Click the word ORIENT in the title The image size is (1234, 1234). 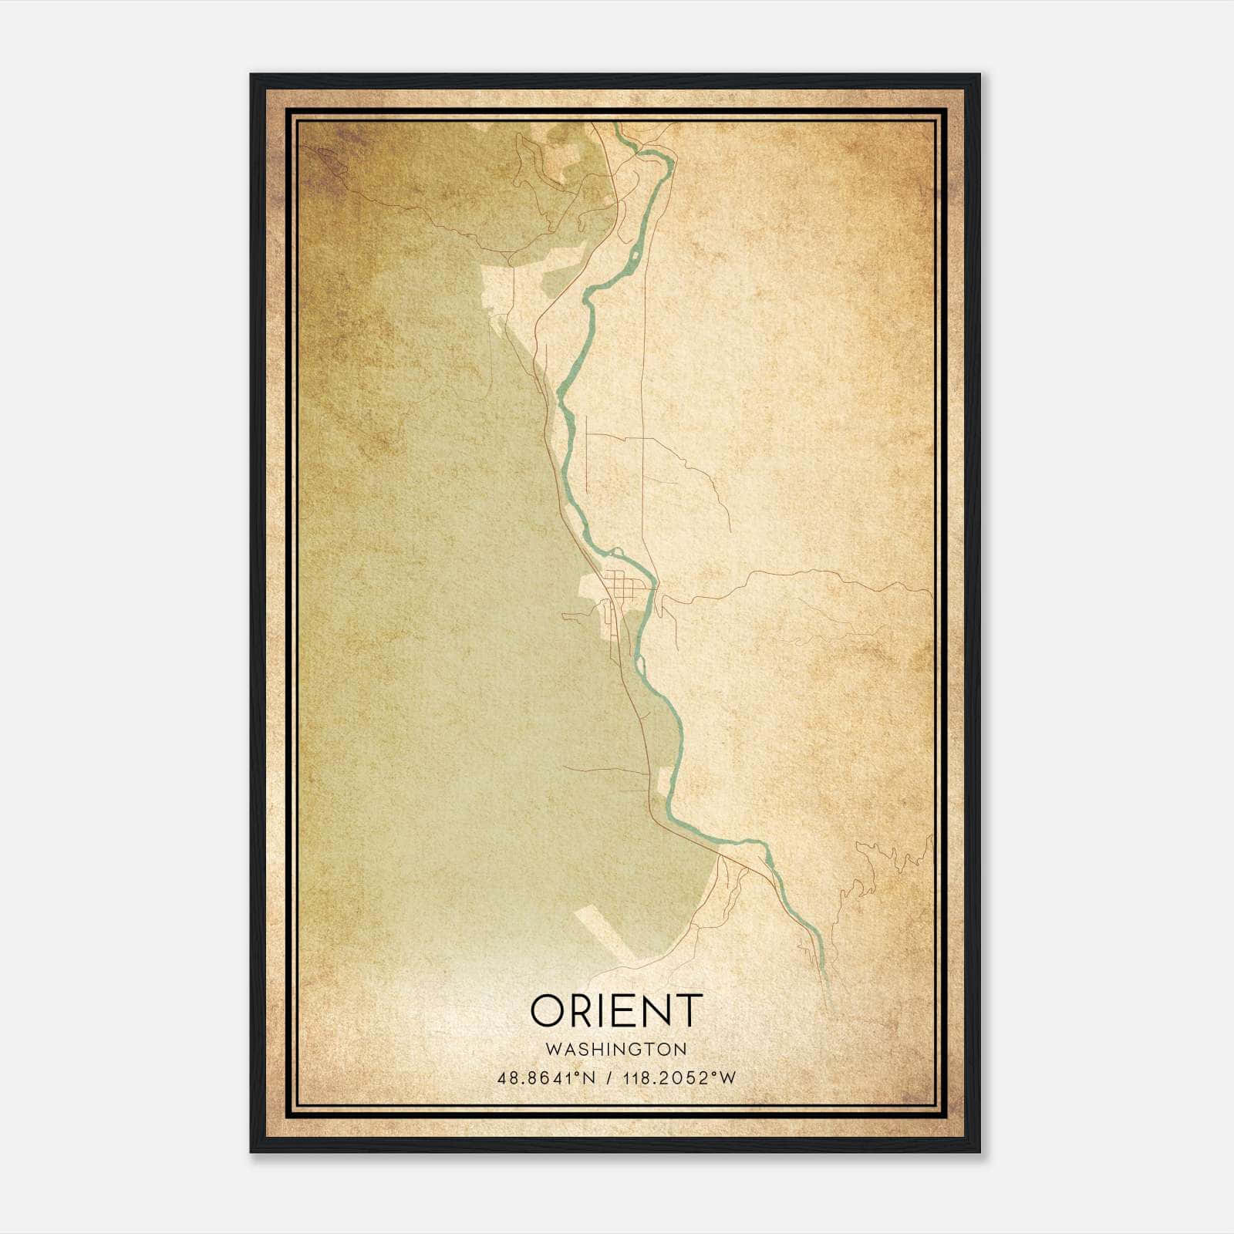(617, 1010)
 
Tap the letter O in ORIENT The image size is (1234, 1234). (549, 1010)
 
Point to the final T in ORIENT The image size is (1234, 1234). (688, 1010)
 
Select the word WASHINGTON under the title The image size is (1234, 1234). (617, 1050)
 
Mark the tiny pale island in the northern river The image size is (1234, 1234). (634, 254)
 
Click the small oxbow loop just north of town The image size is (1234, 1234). (616, 551)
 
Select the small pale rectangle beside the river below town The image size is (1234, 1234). (663, 784)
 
